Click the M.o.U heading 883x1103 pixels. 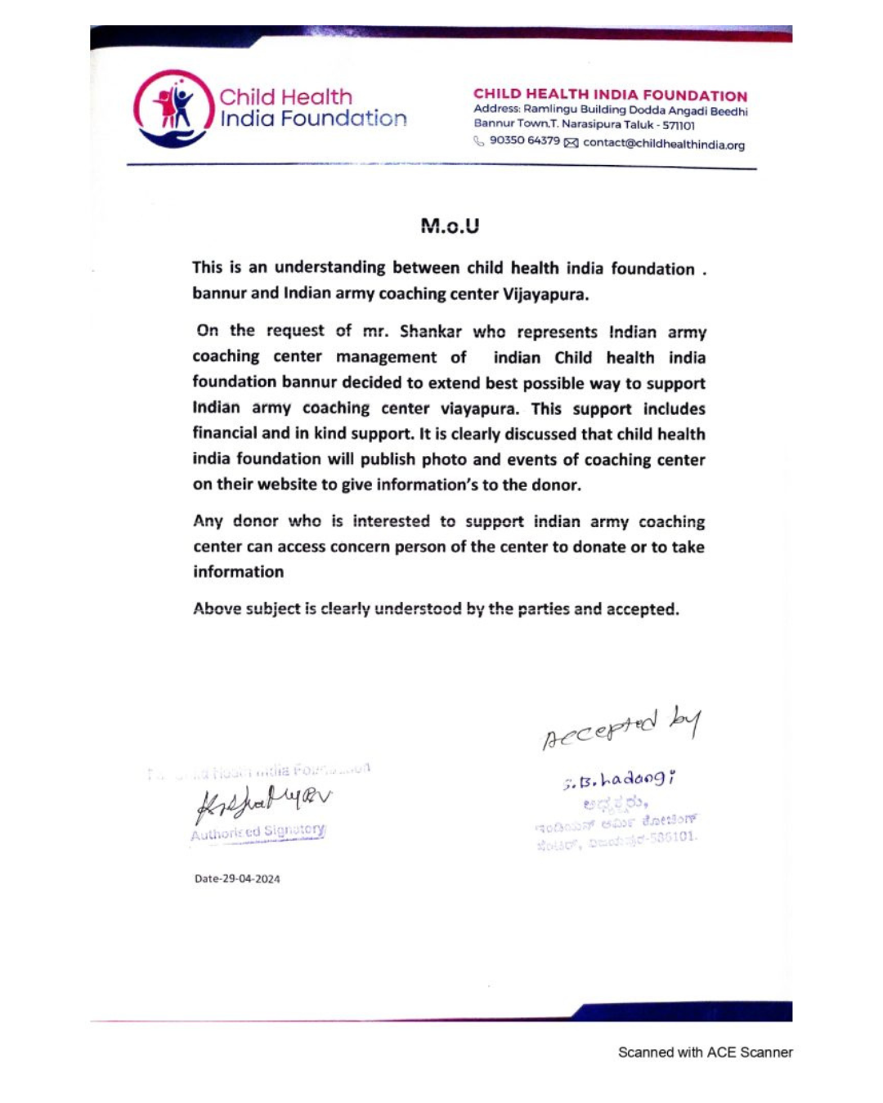[450, 226]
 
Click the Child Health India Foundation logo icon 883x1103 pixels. [173, 108]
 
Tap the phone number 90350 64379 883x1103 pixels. [524, 141]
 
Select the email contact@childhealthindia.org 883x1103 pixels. [663, 145]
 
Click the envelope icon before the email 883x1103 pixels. [571, 144]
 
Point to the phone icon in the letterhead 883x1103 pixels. [479, 141]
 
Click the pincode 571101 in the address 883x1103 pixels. [679, 126]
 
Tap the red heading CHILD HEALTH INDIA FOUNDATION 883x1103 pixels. [610, 95]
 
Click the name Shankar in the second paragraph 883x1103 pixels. [430, 331]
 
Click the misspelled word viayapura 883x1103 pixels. [479, 409]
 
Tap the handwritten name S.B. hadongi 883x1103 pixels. [619, 780]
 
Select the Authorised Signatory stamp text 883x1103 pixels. [258, 833]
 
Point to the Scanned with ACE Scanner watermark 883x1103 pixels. [705, 1052]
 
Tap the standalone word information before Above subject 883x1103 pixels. [238, 572]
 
